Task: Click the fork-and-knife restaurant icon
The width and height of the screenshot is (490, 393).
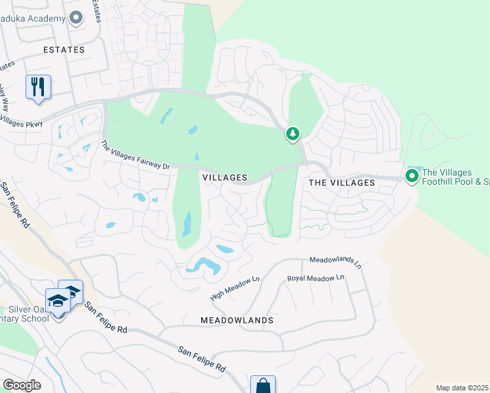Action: pos(38,86)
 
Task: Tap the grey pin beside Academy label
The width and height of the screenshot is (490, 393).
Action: pos(76,18)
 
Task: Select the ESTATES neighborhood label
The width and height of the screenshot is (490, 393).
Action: pos(64,50)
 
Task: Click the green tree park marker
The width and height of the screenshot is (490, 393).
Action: pos(292,134)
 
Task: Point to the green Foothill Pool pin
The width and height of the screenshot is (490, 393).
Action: pos(411,176)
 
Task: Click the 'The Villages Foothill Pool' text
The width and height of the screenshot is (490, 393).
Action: pos(455,178)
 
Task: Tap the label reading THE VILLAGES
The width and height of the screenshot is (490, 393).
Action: pos(341,183)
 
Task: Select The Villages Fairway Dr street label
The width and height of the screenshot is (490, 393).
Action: pos(135,156)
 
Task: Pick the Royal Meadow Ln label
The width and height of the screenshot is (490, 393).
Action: pos(316,278)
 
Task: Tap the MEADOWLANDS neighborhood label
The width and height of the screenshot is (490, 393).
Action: pos(237,320)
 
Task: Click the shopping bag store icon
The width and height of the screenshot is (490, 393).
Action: pos(263,385)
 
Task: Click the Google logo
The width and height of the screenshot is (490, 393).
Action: pos(22,384)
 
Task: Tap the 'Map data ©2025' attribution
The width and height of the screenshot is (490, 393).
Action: pos(462,388)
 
